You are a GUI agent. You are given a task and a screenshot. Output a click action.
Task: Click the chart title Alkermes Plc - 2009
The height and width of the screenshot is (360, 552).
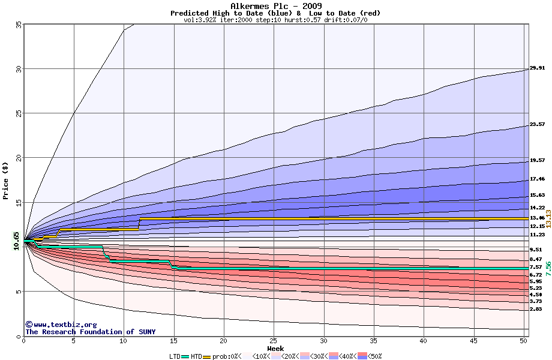click(275, 6)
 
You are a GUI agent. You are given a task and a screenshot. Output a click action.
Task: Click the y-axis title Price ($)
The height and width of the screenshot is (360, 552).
click(5, 180)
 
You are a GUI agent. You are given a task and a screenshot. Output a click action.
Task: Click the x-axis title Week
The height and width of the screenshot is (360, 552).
click(275, 348)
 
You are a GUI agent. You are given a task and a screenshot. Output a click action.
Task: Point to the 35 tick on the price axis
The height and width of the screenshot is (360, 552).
click(19, 24)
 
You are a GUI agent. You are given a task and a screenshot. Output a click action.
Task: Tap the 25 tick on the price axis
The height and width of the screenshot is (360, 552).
click(19, 113)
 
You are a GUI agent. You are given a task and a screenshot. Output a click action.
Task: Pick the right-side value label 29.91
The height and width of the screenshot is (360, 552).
click(537, 68)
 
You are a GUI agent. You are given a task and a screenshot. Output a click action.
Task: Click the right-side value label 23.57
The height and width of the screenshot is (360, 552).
click(537, 125)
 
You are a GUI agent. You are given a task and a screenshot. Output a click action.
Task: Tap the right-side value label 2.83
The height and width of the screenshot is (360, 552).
click(536, 309)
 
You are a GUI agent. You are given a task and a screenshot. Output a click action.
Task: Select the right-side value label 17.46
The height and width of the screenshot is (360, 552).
click(537, 179)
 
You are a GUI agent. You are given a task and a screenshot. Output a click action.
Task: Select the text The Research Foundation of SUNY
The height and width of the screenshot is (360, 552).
click(88, 332)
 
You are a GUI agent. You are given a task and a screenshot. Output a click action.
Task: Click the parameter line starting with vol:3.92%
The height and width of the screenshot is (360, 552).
click(275, 20)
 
